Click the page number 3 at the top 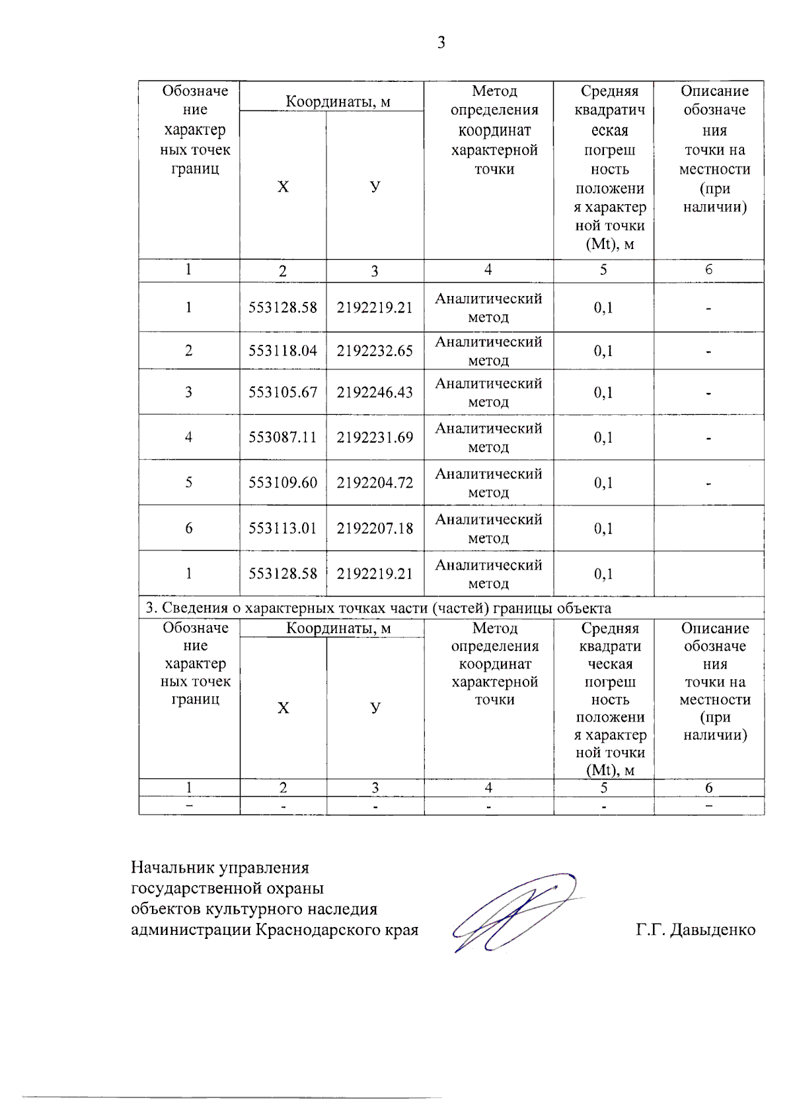[x=441, y=43]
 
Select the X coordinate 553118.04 [x=283, y=351]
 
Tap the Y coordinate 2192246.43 [x=375, y=392]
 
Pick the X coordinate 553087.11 [x=283, y=437]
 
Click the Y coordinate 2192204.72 [x=375, y=483]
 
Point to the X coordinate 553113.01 [x=283, y=529]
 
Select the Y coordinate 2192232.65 [x=375, y=351]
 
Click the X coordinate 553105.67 [x=283, y=392]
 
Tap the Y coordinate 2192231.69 [x=375, y=437]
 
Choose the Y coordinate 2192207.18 [x=375, y=529]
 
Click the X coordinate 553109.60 [x=283, y=483]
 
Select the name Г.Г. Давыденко [x=695, y=930]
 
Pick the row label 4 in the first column [x=188, y=437]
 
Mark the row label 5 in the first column [x=188, y=483]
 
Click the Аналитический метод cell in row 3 [x=488, y=392]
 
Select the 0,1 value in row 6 [x=603, y=529]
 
